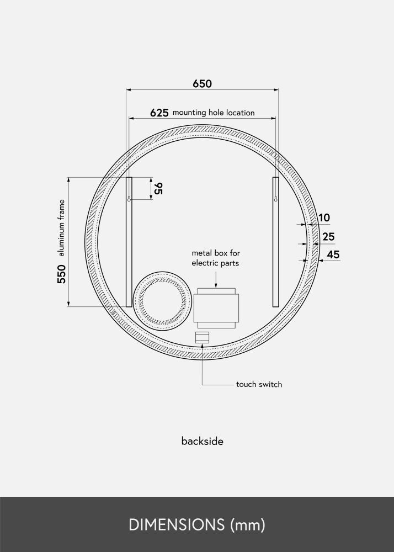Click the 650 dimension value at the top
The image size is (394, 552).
pyautogui.click(x=202, y=84)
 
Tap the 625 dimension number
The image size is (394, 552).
pyautogui.click(x=159, y=113)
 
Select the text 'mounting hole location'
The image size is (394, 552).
pyautogui.click(x=214, y=113)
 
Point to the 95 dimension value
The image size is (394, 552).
pyautogui.click(x=158, y=189)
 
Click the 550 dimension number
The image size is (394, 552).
pyautogui.click(x=61, y=274)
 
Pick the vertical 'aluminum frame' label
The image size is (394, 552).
pyautogui.click(x=61, y=228)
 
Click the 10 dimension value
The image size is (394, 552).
pyautogui.click(x=324, y=218)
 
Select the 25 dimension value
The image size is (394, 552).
pyautogui.click(x=328, y=237)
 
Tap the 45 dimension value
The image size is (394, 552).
pyautogui.click(x=333, y=254)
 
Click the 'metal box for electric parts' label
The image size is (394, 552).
pyautogui.click(x=215, y=258)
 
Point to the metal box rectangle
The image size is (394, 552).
pyautogui.click(x=216, y=310)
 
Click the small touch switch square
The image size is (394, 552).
pyautogui.click(x=203, y=337)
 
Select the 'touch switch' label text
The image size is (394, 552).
pyautogui.click(x=259, y=384)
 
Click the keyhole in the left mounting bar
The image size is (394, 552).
pyautogui.click(x=129, y=198)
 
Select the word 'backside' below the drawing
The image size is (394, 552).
pyautogui.click(x=202, y=441)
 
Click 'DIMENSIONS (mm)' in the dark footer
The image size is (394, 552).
pyautogui.click(x=197, y=524)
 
